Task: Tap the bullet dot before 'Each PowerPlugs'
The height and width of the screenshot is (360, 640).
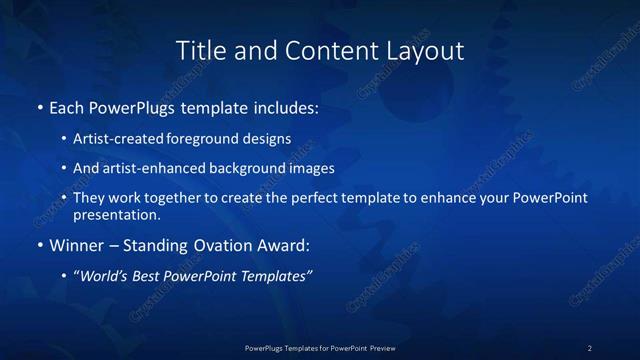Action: tap(39, 106)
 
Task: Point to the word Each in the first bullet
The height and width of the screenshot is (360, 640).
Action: tap(66, 106)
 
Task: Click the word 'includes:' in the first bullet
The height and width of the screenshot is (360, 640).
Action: tap(286, 106)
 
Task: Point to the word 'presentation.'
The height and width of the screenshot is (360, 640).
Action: tap(117, 214)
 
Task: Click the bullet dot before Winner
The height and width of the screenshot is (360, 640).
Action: tap(39, 245)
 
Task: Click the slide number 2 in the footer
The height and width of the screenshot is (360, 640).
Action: tap(590, 348)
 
